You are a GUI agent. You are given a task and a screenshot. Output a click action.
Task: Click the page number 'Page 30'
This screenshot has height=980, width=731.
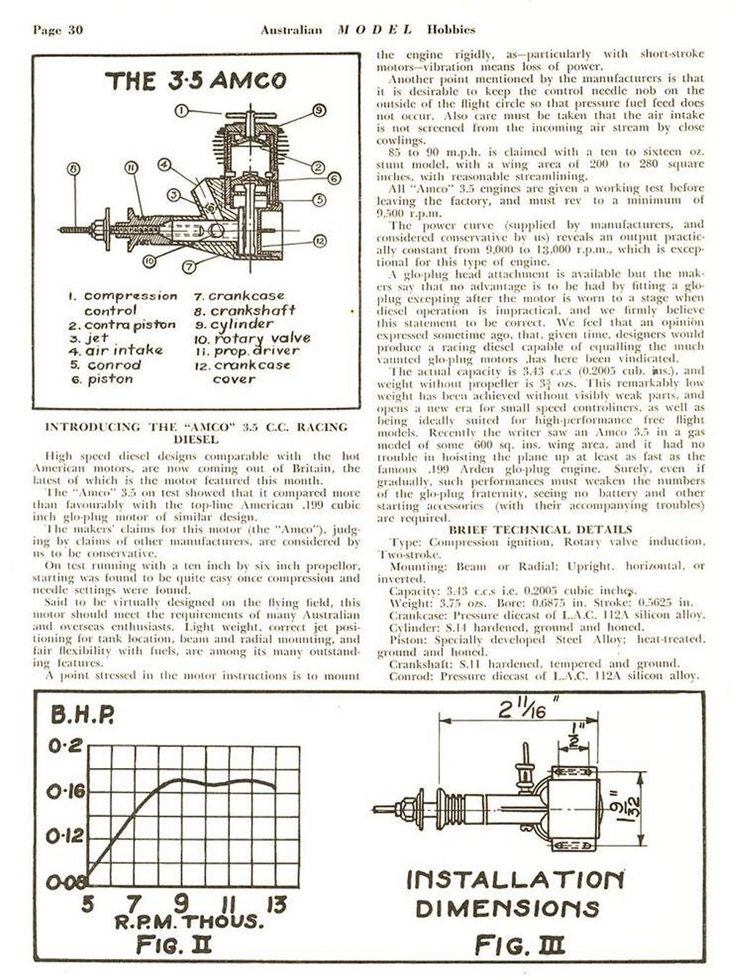pyautogui.click(x=59, y=30)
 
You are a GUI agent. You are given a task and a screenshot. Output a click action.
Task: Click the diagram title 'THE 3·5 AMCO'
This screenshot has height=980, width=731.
pyautogui.click(x=195, y=80)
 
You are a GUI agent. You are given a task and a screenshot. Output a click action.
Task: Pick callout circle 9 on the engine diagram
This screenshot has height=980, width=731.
pyautogui.click(x=318, y=110)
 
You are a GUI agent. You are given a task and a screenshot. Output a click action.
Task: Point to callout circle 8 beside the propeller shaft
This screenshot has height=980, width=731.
pyautogui.click(x=73, y=170)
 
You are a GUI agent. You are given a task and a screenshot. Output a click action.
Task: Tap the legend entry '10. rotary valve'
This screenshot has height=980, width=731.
pyautogui.click(x=252, y=338)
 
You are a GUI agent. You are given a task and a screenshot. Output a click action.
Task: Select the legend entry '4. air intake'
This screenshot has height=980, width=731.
pyautogui.click(x=115, y=351)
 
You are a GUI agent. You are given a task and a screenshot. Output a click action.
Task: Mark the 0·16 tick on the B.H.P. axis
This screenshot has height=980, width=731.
pyautogui.click(x=67, y=791)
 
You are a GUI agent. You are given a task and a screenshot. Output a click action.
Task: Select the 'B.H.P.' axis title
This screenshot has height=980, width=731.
pyautogui.click(x=81, y=717)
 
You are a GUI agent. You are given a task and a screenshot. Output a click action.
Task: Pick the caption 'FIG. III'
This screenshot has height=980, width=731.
pyautogui.click(x=520, y=946)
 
